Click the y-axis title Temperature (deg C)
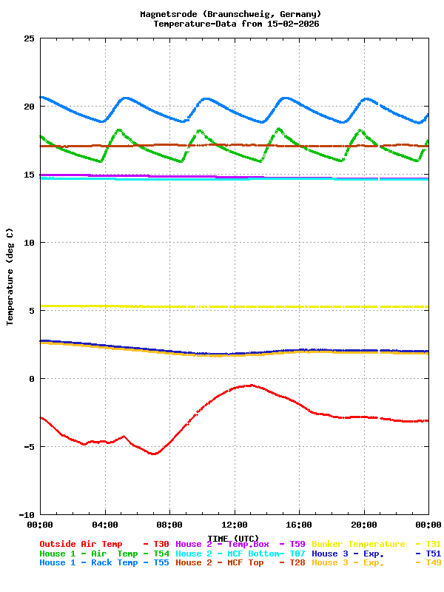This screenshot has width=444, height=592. tap(10, 276)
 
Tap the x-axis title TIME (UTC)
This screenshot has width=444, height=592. tap(233, 538)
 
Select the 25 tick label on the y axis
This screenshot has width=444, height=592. tap(28, 38)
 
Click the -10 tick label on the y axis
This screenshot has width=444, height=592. tap(26, 514)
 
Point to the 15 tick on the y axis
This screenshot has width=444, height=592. tap(28, 175)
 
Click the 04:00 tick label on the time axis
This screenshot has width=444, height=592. tap(105, 525)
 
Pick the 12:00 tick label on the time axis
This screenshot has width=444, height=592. tap(235, 525)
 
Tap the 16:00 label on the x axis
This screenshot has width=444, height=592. tap(299, 525)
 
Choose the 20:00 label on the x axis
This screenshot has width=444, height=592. tap(364, 525)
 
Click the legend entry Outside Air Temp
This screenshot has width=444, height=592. tap(81, 544)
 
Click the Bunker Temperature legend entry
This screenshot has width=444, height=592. tap(358, 544)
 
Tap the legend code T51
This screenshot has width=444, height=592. tap(433, 554)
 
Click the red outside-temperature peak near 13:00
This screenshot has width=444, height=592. tap(251, 385)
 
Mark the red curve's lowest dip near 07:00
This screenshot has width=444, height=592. tap(153, 454)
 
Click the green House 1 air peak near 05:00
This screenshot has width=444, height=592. tap(118, 129)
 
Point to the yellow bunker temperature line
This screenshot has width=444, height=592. tap(222, 306)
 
